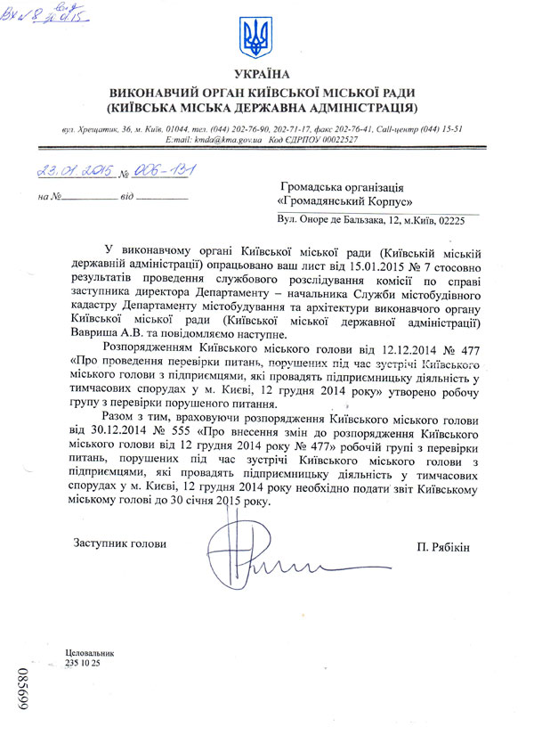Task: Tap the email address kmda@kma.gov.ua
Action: click(225, 141)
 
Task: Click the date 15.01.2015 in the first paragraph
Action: click(344, 265)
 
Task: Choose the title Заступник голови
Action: click(119, 543)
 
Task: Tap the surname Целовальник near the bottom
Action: click(90, 655)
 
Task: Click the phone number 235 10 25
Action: click(83, 665)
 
